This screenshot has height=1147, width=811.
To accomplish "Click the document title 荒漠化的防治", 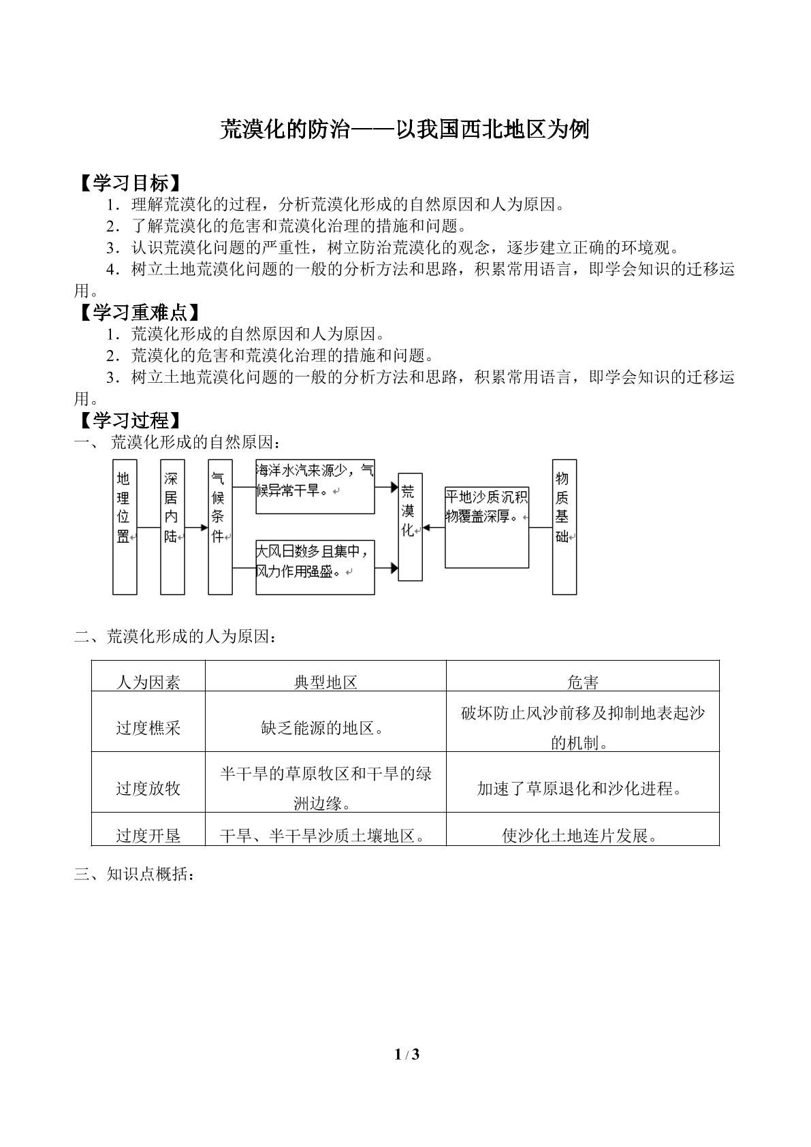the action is (285, 129).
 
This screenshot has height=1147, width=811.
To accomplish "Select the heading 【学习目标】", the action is (130, 183).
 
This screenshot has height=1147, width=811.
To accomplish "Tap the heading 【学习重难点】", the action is (140, 312).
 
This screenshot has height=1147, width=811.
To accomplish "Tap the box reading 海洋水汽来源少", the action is (315, 486).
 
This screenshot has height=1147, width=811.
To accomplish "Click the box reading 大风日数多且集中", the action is (315, 567).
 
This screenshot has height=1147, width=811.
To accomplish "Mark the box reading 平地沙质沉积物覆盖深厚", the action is (487, 527).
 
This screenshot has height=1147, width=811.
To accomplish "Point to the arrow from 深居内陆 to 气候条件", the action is (197, 527).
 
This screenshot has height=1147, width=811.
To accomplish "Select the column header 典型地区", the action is (325, 682).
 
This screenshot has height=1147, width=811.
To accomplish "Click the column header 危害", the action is (583, 682).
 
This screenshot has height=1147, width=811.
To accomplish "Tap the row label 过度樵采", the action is (148, 727).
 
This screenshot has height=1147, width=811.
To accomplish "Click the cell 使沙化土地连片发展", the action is (579, 836).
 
